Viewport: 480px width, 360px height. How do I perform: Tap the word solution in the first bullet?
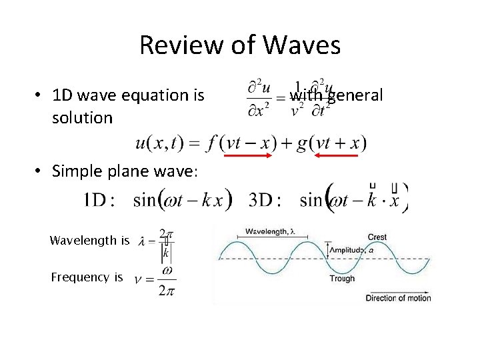(82, 118)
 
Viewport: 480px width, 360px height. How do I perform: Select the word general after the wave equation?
(355, 95)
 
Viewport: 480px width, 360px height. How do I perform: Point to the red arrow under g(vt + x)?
(337, 155)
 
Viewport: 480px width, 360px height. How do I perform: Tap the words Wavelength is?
(89, 241)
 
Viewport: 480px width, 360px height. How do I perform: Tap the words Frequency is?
(87, 277)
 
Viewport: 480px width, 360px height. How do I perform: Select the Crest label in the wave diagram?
(377, 237)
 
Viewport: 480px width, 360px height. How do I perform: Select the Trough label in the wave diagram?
(342, 279)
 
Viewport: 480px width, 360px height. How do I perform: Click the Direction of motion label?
(398, 298)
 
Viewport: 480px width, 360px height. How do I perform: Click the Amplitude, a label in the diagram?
(349, 250)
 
